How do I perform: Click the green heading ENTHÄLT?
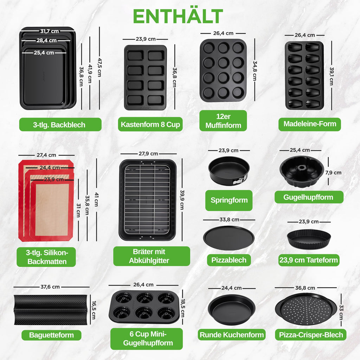tap(178, 16)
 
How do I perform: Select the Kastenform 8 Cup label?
tap(150, 124)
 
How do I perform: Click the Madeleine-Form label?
tap(310, 124)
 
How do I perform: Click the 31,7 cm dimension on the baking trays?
tap(50, 31)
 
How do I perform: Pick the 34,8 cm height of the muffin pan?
tap(255, 71)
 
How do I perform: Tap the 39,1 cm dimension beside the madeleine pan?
tap(332, 76)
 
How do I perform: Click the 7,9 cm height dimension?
tap(333, 172)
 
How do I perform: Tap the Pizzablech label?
tap(229, 260)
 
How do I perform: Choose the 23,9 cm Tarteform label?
tap(309, 260)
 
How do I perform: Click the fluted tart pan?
tap(309, 239)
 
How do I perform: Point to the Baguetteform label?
tap(51, 335)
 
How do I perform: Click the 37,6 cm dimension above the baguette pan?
tap(50, 287)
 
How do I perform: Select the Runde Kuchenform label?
tap(232, 335)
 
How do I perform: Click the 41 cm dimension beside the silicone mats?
tap(96, 199)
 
